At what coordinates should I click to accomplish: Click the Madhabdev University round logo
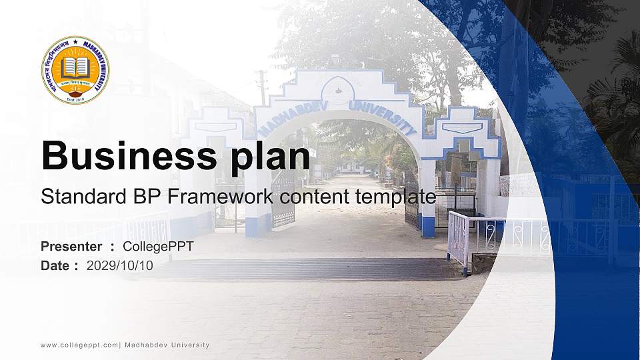(x=75, y=70)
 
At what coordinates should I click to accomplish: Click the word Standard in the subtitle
(x=73, y=197)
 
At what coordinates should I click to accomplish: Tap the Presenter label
(x=71, y=247)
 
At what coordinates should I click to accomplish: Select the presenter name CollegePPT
(x=158, y=247)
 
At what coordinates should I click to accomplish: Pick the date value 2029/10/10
(x=119, y=265)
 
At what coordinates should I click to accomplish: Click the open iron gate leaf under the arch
(x=283, y=200)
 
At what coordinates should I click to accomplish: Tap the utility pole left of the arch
(x=262, y=87)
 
